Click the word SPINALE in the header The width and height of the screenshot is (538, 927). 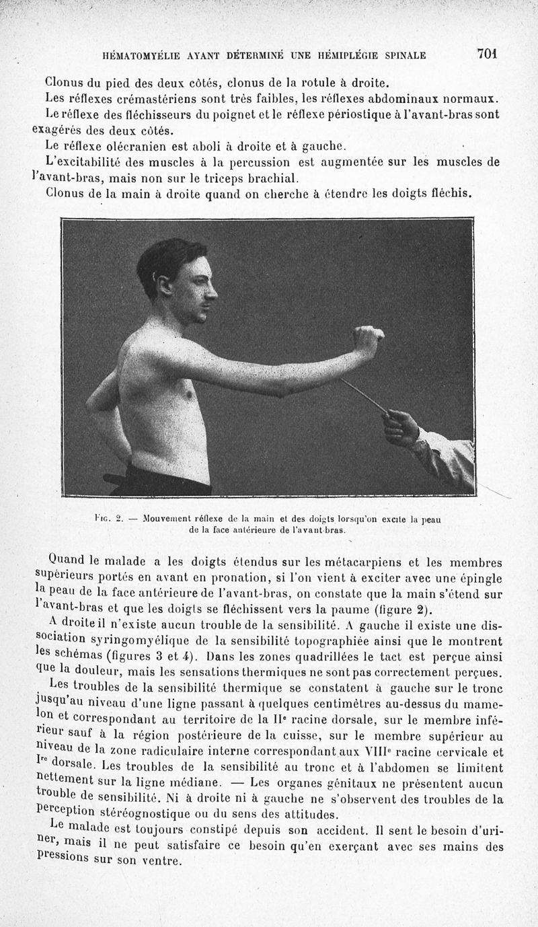[x=403, y=55]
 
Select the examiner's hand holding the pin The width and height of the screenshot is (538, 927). [x=402, y=427]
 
